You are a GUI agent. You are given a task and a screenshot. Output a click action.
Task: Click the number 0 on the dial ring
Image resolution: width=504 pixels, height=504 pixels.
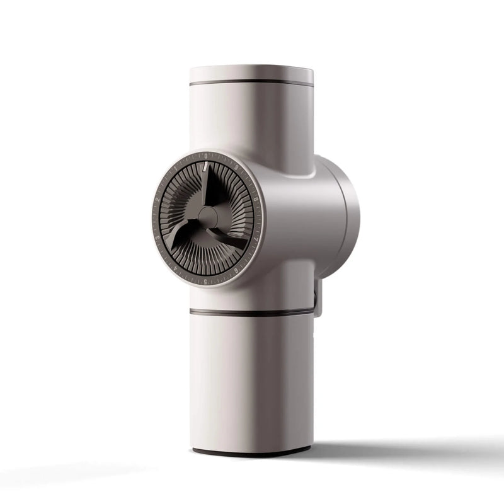[206, 156]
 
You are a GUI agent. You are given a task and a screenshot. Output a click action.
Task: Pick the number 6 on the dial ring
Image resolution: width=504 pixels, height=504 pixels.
[237, 270]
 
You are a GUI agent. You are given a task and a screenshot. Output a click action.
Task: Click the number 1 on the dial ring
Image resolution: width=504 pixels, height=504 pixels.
[176, 168]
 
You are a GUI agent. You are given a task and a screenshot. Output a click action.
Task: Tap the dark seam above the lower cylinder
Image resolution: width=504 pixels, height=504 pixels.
[252, 312]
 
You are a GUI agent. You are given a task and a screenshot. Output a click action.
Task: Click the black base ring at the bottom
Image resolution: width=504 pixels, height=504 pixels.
[251, 452]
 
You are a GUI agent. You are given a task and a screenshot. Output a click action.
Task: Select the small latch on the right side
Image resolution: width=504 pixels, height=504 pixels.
[318, 296]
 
